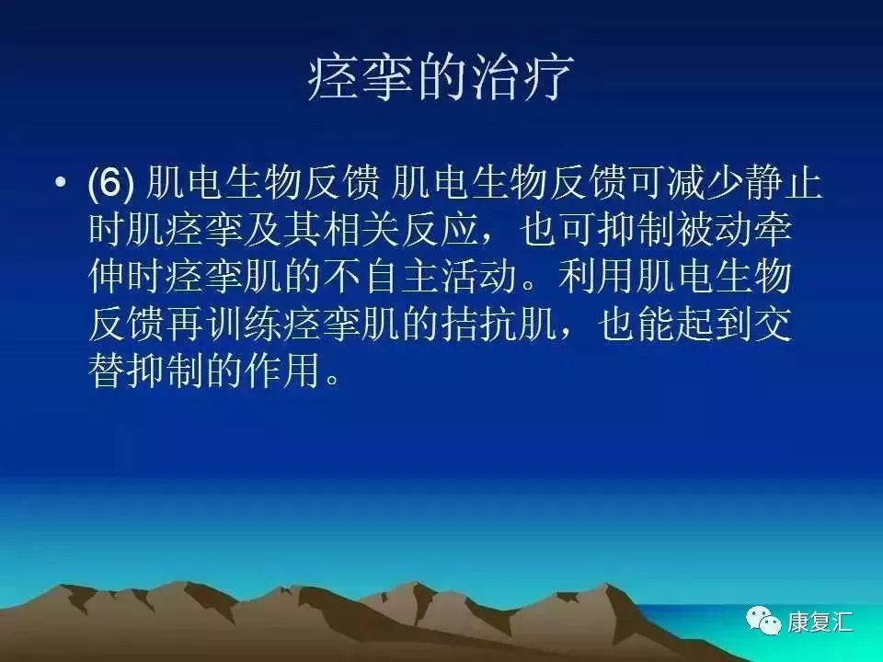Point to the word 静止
(789, 184)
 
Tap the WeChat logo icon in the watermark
(764, 622)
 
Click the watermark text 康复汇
(820, 622)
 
